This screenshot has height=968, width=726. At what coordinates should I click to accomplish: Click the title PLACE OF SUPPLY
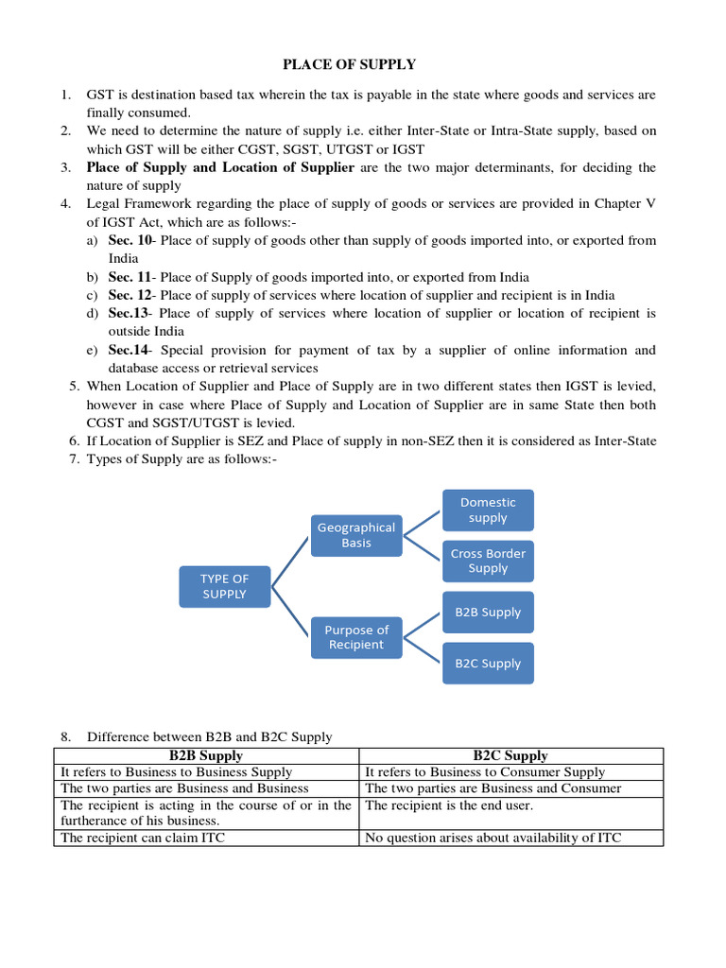point(349,64)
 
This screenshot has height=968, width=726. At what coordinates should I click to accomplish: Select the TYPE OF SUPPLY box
point(224,586)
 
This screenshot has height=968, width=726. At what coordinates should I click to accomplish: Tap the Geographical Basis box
point(356,535)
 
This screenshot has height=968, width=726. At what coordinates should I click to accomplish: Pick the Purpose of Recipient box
point(356,637)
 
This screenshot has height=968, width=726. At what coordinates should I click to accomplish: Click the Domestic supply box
point(488,510)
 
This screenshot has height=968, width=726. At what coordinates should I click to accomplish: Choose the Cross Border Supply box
point(488,561)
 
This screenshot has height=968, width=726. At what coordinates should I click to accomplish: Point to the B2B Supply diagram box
point(488,612)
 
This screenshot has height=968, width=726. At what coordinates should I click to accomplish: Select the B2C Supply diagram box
point(488,663)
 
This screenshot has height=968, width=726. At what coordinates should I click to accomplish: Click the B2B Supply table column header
point(206,755)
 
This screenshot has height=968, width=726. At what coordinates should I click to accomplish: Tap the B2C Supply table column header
point(510,755)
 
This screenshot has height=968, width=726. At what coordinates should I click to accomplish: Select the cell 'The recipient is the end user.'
point(449,805)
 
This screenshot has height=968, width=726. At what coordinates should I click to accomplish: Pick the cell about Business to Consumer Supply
point(484,772)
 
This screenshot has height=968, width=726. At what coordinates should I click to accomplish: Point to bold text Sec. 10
point(130,240)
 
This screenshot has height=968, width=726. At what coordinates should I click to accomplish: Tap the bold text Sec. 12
point(130,295)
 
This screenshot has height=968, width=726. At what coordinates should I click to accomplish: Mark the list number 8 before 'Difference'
point(65,736)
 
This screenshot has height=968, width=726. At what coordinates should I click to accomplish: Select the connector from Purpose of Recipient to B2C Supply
point(422,649)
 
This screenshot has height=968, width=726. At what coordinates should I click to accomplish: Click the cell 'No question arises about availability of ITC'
point(493,838)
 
